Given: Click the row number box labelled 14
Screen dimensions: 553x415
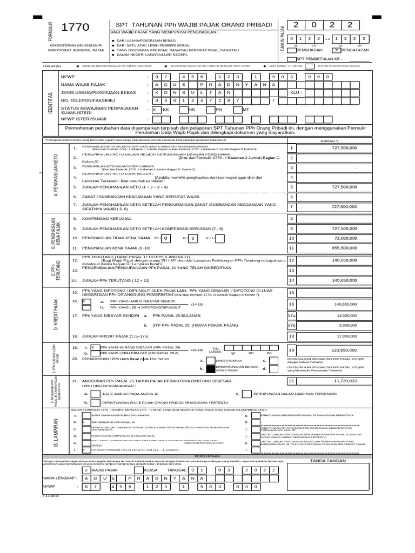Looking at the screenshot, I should [292, 280].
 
